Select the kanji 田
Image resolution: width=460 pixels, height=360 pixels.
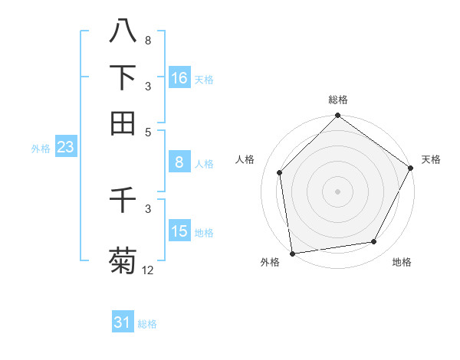[123, 123]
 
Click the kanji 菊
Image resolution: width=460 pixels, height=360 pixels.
[123, 260]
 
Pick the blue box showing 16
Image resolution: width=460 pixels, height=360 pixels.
[179, 78]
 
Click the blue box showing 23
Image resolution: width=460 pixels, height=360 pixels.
[65, 147]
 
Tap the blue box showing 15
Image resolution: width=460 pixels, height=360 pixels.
[179, 231]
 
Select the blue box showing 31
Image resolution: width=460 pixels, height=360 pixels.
[123, 322]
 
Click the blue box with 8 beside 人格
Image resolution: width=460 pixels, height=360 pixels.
[179, 162]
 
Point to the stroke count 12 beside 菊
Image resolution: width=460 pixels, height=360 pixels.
[148, 270]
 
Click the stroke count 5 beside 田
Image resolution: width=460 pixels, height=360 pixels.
[148, 131]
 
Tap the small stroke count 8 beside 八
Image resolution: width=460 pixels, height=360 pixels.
[148, 40]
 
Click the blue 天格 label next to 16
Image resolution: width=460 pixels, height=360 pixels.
[204, 80]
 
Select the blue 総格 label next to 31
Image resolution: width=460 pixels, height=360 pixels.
[147, 324]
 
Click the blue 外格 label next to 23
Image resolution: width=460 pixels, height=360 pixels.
[40, 149]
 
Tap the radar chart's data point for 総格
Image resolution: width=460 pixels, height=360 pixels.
[337, 116]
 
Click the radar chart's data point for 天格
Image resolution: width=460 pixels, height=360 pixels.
[410, 168]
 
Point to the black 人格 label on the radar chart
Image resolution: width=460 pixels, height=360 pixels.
[245, 159]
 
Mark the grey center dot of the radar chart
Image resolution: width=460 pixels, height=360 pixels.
[337, 191]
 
